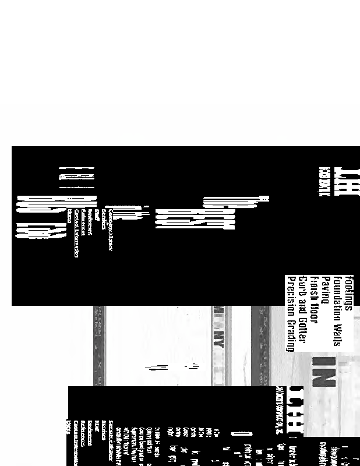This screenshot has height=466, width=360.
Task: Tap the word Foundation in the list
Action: (337, 295)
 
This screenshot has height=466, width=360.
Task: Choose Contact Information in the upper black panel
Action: (76, 234)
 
